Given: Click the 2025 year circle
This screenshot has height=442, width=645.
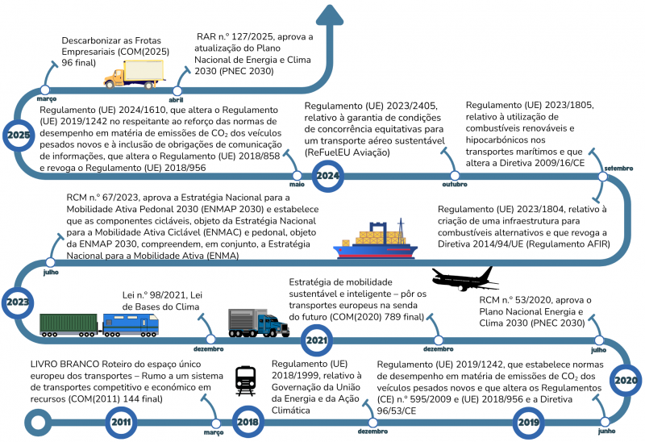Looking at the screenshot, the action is pyautogui.click(x=19, y=135).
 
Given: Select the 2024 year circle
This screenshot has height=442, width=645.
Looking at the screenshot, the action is pyautogui.click(x=327, y=176).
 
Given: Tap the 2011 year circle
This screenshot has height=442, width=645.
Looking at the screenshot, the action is pyautogui.click(x=121, y=422).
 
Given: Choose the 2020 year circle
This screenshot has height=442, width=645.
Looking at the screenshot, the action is pyautogui.click(x=626, y=380).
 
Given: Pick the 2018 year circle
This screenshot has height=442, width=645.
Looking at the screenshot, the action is pyautogui.click(x=248, y=422).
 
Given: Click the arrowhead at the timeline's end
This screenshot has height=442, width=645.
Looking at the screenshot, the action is pyautogui.click(x=330, y=15).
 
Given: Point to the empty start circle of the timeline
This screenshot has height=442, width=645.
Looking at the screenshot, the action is pyautogui.click(x=38, y=423).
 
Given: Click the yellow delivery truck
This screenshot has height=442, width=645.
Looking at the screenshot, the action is pyautogui.click(x=134, y=74).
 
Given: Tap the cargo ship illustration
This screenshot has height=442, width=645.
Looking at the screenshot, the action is pyautogui.click(x=375, y=239).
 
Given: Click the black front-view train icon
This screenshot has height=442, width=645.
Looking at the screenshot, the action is pyautogui.click(x=246, y=381).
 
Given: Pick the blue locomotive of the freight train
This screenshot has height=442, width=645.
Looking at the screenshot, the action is pyautogui.click(x=131, y=325).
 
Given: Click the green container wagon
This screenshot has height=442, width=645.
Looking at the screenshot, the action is pyautogui.click(x=69, y=325).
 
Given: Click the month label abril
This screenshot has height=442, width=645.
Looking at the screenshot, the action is pyautogui.click(x=176, y=100).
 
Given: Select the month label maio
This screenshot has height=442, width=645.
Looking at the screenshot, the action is pyautogui.click(x=297, y=185).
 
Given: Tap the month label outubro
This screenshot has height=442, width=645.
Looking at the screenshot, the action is pyautogui.click(x=455, y=185).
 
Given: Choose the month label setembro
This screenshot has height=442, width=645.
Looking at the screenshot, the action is pyautogui.click(x=618, y=169).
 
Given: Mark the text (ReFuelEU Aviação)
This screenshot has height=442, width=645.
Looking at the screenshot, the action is pyautogui.click(x=347, y=152).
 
